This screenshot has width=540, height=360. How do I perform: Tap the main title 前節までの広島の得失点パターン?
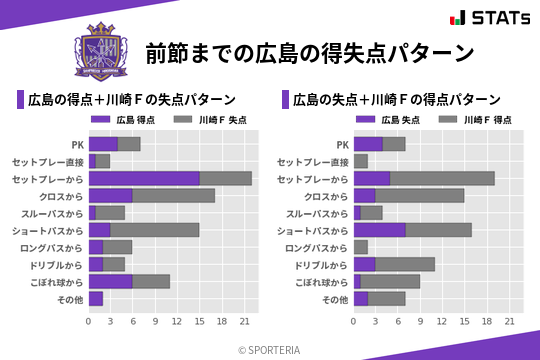(x=308, y=53)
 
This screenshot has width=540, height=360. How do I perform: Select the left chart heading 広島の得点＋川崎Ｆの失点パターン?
(x=131, y=100)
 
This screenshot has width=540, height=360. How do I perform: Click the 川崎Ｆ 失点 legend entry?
(x=209, y=120)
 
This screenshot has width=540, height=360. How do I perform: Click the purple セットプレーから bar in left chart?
(x=144, y=178)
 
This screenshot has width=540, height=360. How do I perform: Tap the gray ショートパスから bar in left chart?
(x=155, y=230)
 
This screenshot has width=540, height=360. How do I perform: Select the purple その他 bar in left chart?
(x=96, y=298)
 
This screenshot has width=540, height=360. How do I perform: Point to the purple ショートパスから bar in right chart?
(x=380, y=230)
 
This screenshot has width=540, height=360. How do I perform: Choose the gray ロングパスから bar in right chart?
(x=361, y=247)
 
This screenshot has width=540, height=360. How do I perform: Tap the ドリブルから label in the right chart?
(x=321, y=264)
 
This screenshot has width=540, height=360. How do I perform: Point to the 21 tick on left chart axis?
(x=244, y=321)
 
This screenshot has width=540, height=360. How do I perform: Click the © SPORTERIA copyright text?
(x=270, y=349)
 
